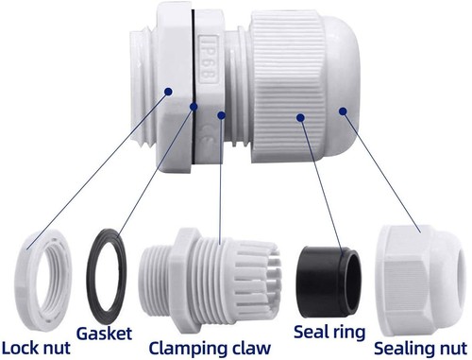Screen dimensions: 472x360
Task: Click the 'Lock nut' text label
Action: coord(36,348)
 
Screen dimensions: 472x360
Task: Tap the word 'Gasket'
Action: coord(105,334)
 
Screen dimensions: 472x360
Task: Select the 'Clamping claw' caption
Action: coord(210,349)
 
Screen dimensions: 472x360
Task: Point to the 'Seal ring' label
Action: coord(329,333)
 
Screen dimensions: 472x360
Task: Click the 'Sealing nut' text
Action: coord(421,349)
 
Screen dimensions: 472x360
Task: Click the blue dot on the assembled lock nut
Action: coord(169,92)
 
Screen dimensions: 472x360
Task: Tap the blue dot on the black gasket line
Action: coord(194,107)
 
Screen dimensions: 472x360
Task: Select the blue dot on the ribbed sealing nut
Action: coord(301,117)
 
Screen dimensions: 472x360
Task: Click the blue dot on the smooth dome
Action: coord(343,111)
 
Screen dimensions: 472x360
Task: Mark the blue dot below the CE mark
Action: coord(222,115)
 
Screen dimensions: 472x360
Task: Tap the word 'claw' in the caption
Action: coord(251,348)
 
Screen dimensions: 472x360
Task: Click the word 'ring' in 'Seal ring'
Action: coord(347,334)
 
